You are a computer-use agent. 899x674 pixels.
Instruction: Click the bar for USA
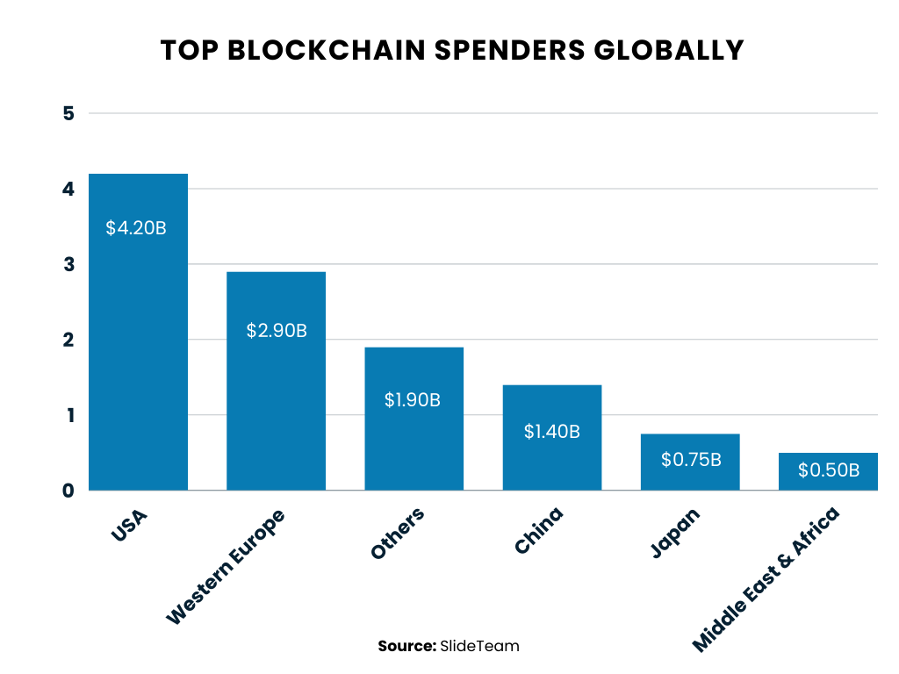click(x=138, y=351)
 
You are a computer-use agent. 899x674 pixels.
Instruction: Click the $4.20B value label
click(x=136, y=228)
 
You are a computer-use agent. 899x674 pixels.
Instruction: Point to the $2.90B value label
click(x=276, y=331)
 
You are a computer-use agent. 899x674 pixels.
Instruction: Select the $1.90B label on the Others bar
click(x=413, y=399)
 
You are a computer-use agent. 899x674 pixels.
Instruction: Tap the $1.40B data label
click(x=551, y=431)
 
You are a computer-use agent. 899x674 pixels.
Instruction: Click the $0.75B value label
click(x=690, y=459)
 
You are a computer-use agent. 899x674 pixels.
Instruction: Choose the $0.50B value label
click(x=828, y=470)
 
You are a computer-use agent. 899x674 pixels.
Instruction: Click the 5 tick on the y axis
click(x=69, y=113)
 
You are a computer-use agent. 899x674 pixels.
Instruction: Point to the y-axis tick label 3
click(x=69, y=264)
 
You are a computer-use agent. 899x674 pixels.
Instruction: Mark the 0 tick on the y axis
click(x=69, y=491)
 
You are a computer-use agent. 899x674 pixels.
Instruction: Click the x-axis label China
click(x=538, y=530)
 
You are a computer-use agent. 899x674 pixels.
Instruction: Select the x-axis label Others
click(x=398, y=534)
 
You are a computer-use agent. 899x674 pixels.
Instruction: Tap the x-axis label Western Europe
click(x=226, y=566)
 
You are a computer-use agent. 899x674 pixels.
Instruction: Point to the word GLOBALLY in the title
click(x=667, y=50)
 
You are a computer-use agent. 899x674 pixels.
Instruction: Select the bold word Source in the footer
click(x=406, y=646)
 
